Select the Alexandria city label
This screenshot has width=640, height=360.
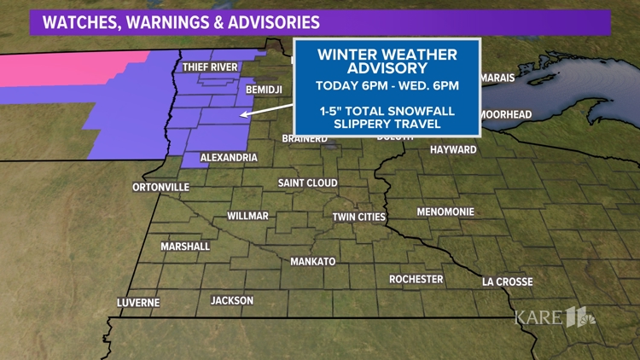[x=229, y=158]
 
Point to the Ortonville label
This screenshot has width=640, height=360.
[x=161, y=187]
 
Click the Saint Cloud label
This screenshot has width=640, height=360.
[x=307, y=183]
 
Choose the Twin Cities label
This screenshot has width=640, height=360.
[x=359, y=218]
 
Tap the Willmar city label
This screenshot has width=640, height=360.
[x=247, y=216]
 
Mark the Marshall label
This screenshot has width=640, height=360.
[x=185, y=247]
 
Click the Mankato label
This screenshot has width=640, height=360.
[x=313, y=261]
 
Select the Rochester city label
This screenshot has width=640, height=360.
[x=416, y=279]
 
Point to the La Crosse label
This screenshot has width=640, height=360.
[x=507, y=282]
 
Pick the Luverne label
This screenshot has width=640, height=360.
[x=138, y=303]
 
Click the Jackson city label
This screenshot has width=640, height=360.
[x=232, y=300]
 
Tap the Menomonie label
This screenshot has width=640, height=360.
[x=445, y=212]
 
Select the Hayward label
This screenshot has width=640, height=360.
[x=453, y=149]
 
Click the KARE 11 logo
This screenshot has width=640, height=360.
[x=555, y=317]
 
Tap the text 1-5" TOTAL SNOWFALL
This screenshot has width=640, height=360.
[x=386, y=111]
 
